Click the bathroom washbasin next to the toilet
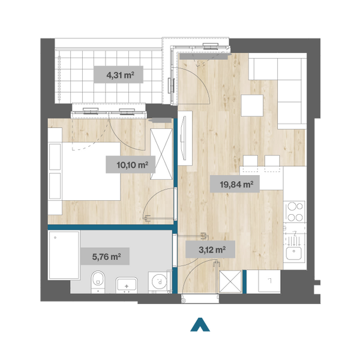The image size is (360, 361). pos(127,285)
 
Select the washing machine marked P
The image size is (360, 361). pos(160,282)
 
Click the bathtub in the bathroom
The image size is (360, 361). pos(64,255)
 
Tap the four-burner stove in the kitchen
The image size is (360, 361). pos(295,212)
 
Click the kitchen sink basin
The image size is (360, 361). pos(294,253)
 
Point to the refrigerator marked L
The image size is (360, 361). pos(269,281)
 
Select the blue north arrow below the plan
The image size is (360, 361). pos(200,325)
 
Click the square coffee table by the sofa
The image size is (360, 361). pos(252,106)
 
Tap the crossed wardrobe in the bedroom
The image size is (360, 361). pos(161,154)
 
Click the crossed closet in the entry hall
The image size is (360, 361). pos(230,282)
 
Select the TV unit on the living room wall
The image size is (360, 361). pos(185,138)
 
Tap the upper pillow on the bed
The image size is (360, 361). pos(55,157)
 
